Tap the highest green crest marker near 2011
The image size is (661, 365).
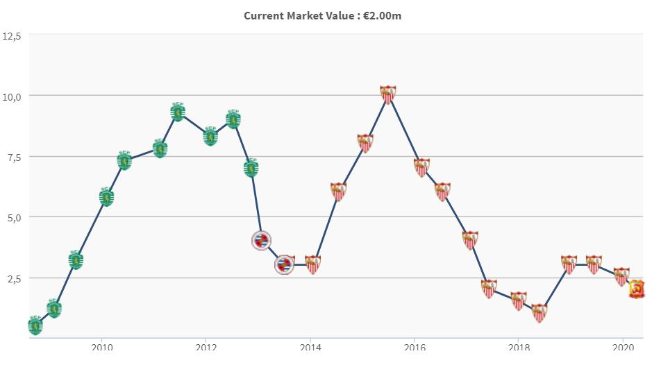[x=178, y=111]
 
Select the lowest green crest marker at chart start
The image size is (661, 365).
[x=35, y=325]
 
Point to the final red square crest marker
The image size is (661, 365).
[x=637, y=289]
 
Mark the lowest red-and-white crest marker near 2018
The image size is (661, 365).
[x=539, y=313]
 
